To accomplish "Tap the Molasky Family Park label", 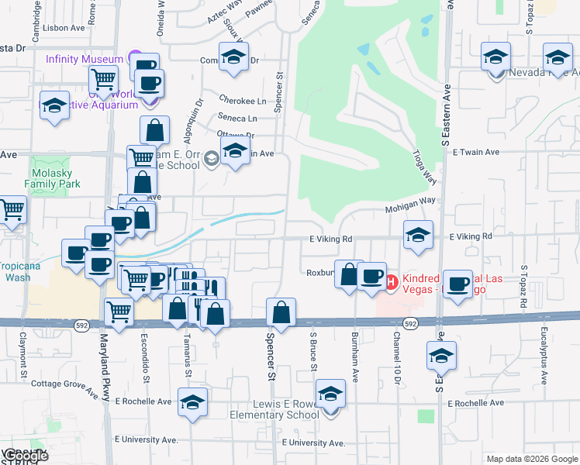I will [57, 179].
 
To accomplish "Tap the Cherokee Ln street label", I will [242, 101].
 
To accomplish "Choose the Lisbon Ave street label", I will [66, 27].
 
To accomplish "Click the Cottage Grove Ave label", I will [64, 383].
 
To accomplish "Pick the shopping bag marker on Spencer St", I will [281, 313].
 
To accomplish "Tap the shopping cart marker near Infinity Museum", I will [103, 78].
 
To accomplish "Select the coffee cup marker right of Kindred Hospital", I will [459, 284].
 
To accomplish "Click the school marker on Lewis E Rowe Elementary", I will [331, 395].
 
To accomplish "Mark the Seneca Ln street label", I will [237, 119].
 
